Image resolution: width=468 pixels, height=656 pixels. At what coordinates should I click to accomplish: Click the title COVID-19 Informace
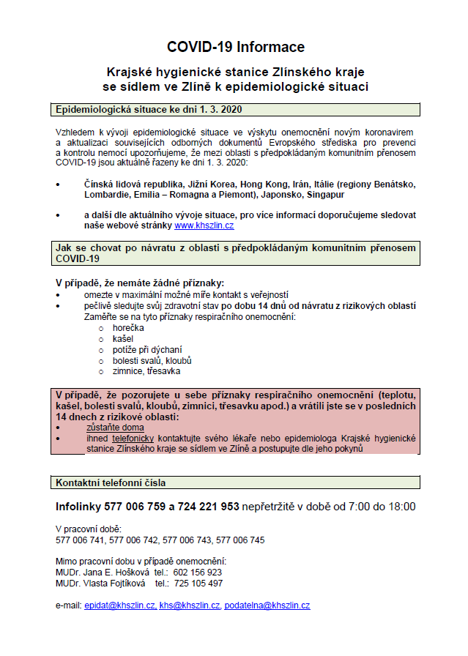tap(235, 47)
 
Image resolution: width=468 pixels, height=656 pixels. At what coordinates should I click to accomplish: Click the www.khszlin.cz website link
tap(204, 226)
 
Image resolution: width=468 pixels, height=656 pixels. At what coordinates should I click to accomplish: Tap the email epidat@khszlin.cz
tap(120, 605)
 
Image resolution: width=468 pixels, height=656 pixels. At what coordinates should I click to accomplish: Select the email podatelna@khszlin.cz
tap(267, 605)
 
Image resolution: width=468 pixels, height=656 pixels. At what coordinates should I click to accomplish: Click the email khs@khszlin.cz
tap(190, 605)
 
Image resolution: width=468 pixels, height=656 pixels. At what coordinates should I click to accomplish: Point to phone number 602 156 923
tap(198, 573)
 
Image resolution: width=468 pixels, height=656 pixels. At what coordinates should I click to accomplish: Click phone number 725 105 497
tap(198, 584)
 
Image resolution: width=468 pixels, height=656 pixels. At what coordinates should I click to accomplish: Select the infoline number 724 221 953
tap(208, 507)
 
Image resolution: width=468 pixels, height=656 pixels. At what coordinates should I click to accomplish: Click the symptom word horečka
tap(129, 327)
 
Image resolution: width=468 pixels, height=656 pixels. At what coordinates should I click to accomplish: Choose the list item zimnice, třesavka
tap(147, 371)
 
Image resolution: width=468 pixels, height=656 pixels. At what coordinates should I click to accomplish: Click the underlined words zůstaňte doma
tap(115, 427)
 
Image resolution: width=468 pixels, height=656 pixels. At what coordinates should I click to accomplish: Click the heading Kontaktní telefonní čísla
tap(111, 482)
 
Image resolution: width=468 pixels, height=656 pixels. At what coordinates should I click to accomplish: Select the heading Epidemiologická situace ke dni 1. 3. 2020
tap(149, 110)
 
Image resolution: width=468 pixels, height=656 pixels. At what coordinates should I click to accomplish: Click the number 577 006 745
tap(241, 540)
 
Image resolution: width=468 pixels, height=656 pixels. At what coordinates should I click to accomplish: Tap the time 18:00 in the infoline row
tap(400, 507)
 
